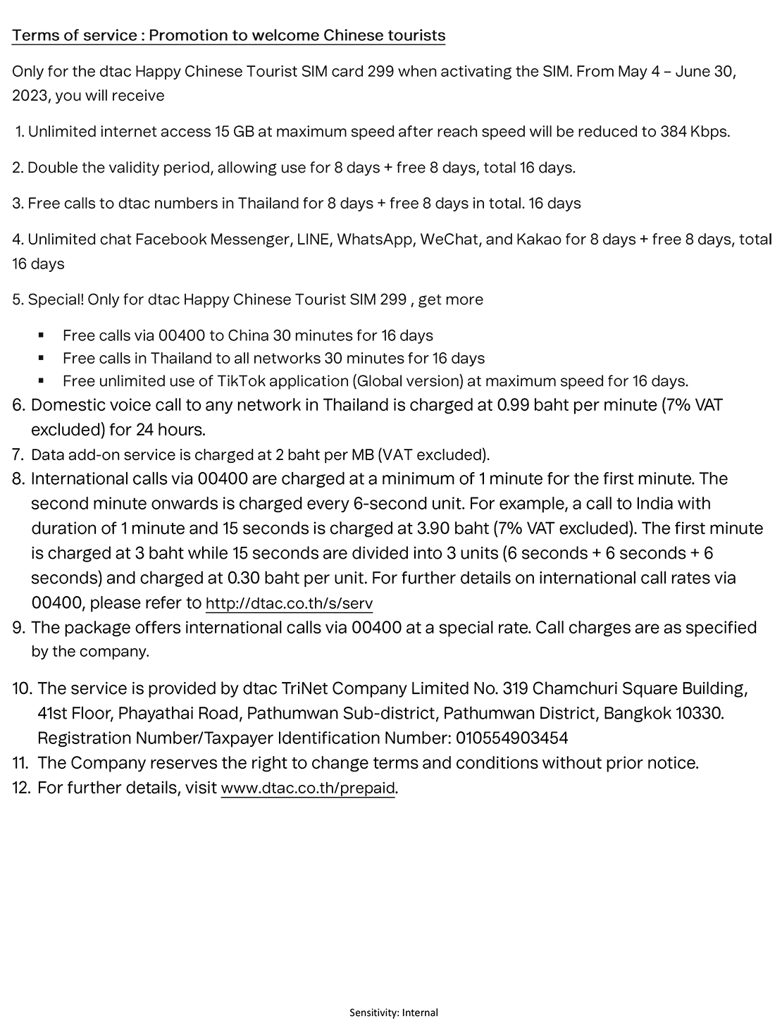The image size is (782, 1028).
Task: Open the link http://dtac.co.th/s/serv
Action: (x=289, y=604)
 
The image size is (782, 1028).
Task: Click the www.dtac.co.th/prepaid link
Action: (x=308, y=788)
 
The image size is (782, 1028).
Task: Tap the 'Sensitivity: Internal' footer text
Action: (x=394, y=1012)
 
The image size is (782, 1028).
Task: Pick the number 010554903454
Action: (x=512, y=738)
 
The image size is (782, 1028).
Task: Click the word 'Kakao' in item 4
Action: (x=538, y=240)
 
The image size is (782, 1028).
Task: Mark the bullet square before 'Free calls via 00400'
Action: (x=42, y=336)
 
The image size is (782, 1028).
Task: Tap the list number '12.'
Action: (x=22, y=788)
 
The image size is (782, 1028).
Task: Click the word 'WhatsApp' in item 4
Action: (x=375, y=240)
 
